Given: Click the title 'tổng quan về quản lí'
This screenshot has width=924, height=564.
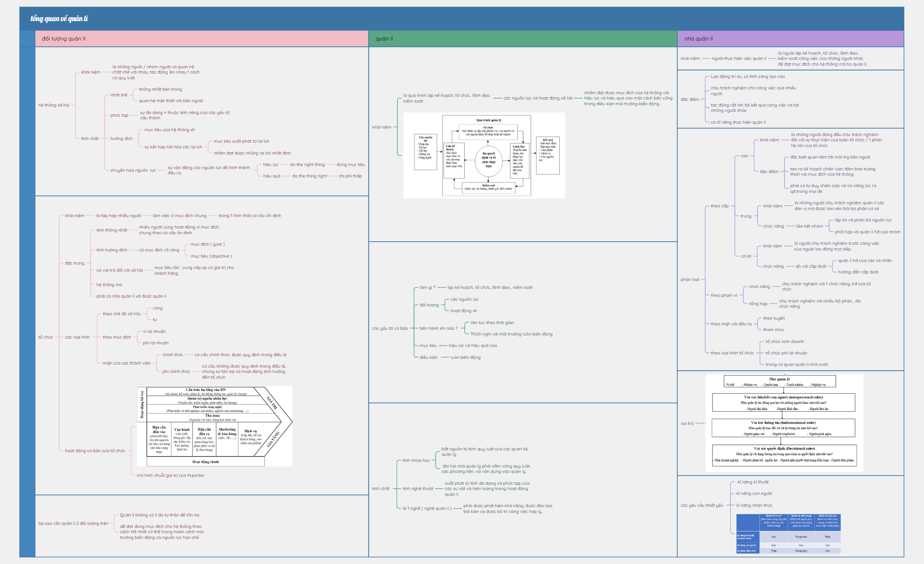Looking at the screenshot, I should (x=59, y=18).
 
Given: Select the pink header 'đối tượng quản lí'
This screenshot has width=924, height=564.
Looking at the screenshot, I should (x=64, y=39).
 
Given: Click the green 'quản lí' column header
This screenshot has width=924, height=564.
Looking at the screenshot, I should (x=384, y=39).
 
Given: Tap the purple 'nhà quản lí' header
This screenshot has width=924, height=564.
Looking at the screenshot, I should (x=698, y=39).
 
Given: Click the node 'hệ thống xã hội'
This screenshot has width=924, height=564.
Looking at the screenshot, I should (x=54, y=105).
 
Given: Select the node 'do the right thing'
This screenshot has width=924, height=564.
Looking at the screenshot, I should (x=307, y=165).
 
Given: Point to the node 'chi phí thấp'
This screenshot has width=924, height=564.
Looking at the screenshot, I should (x=350, y=176).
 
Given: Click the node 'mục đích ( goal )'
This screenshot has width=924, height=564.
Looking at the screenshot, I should (x=208, y=244).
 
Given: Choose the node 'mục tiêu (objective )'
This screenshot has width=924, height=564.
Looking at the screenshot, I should (x=211, y=256).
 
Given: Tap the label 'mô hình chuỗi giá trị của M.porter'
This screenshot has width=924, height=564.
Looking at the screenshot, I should (x=170, y=476).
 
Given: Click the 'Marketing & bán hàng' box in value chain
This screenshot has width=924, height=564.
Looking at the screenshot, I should (x=227, y=432).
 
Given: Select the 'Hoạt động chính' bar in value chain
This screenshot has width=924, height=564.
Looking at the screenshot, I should (x=205, y=462).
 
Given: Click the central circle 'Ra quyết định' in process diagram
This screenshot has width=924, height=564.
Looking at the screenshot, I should (x=488, y=160).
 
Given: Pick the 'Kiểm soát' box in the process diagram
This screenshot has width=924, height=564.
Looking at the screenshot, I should (x=488, y=187).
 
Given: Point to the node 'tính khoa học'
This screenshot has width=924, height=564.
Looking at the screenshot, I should (x=416, y=461).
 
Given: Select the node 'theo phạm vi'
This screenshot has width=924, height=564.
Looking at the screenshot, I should (x=724, y=295).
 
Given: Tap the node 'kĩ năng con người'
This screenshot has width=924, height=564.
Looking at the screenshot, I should (x=754, y=494).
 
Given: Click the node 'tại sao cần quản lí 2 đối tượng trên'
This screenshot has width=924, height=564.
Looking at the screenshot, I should (x=73, y=523).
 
